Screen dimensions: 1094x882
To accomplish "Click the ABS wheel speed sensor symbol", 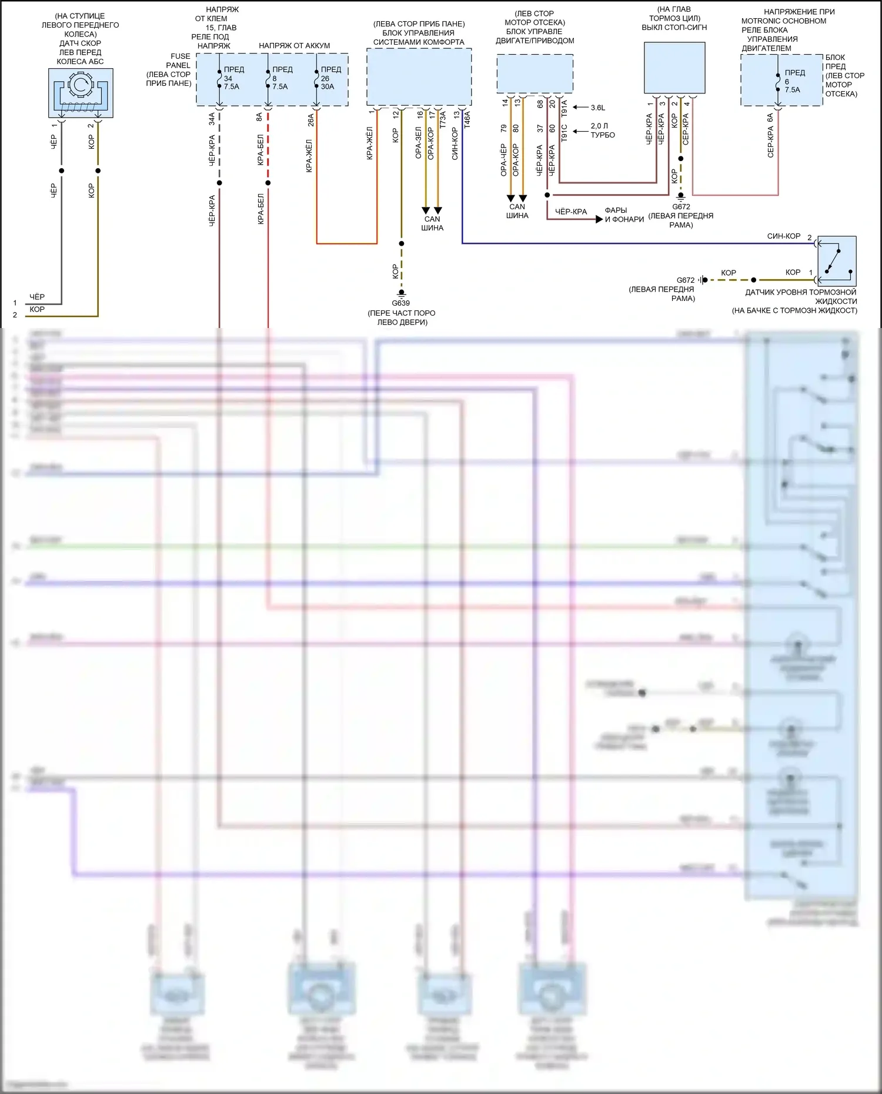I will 81,92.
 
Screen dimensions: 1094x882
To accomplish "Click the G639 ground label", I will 401,303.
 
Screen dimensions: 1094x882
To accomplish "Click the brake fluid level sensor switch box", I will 837,261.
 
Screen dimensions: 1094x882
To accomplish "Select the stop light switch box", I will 674,68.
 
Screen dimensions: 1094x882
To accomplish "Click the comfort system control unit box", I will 419,76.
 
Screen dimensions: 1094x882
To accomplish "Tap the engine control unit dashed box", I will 534,73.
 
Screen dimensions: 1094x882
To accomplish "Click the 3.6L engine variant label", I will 598,108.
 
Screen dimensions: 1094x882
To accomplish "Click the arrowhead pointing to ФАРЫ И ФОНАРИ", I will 599,219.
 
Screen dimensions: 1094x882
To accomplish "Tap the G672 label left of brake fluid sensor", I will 686,280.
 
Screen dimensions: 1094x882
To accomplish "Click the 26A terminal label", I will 310,119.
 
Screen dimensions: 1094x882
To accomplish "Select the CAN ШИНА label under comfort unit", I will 432,223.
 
